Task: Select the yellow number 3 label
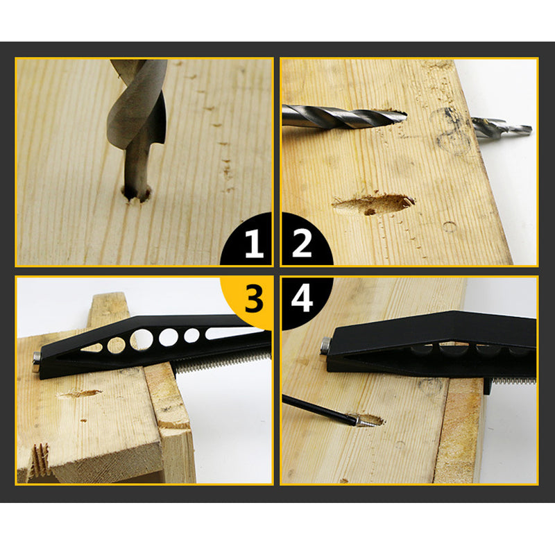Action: click(x=254, y=300)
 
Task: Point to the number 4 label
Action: click(x=302, y=300)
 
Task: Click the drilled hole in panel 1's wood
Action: click(x=137, y=192)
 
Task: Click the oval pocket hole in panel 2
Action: click(x=375, y=204)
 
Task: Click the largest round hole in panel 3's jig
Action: click(x=142, y=339)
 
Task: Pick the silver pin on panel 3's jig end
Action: click(x=36, y=358)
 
